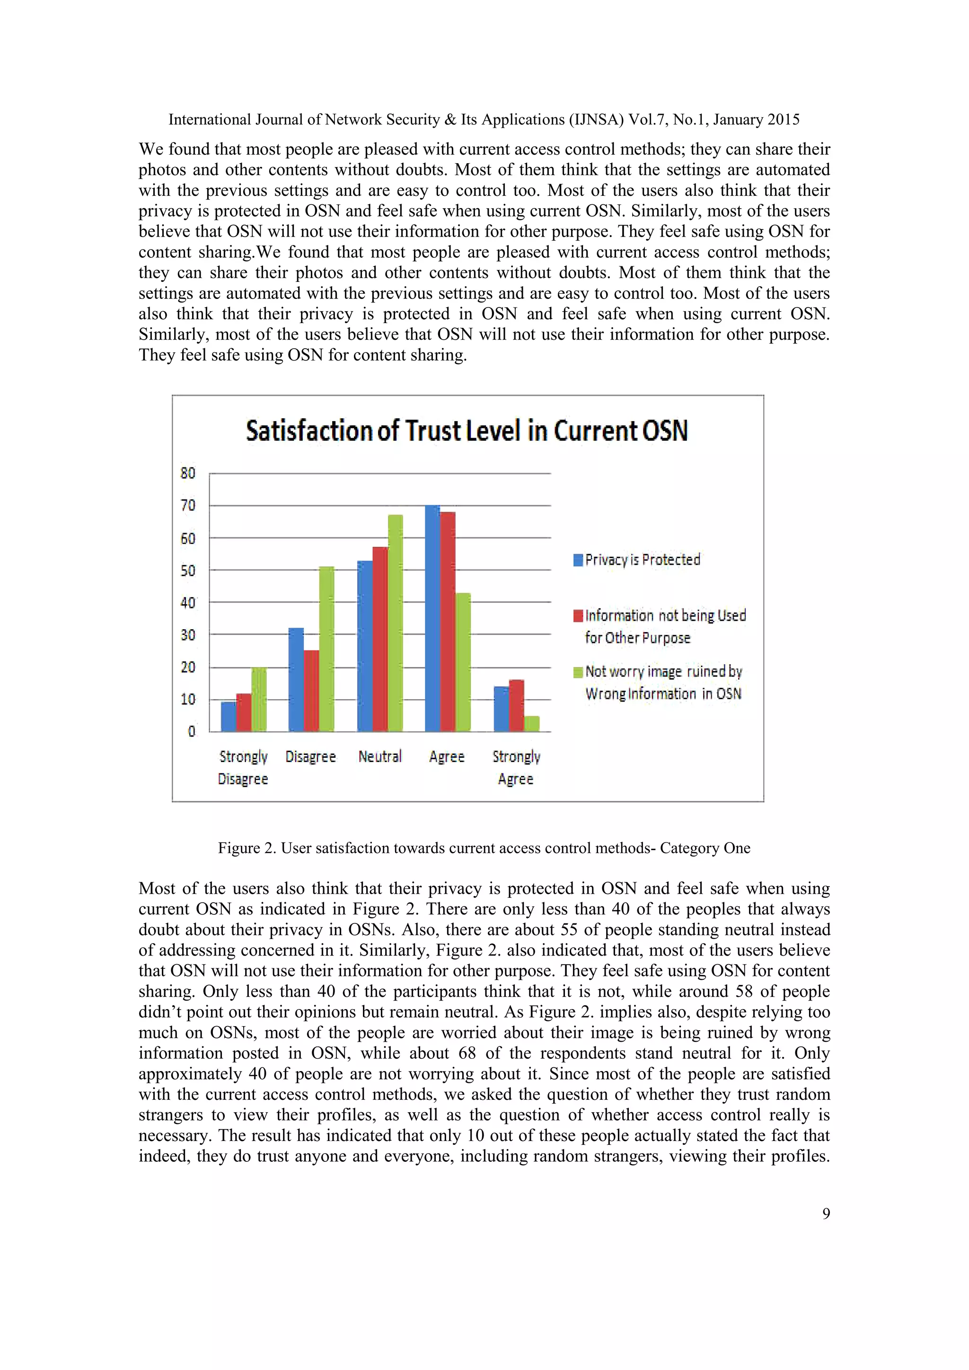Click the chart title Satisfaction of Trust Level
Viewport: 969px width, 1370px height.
coord(467,431)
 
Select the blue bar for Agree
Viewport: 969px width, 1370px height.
coord(432,618)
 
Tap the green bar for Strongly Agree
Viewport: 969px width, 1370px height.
coord(532,724)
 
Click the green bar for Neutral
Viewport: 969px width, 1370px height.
coord(395,623)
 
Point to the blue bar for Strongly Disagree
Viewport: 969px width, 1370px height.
coord(229,717)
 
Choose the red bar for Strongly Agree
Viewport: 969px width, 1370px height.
coord(517,705)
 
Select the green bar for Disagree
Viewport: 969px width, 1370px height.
coord(326,649)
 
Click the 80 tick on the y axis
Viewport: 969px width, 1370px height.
coord(188,473)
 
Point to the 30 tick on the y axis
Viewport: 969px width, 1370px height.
coord(188,635)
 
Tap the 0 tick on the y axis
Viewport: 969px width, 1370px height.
coord(192,731)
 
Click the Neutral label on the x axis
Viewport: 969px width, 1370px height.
coord(380,756)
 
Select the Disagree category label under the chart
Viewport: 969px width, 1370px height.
coord(310,756)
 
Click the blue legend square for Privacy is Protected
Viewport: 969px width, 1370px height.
coord(578,560)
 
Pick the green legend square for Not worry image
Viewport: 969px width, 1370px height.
coord(578,673)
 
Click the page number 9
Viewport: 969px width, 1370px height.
coord(826,1213)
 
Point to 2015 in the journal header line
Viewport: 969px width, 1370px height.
coord(784,119)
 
